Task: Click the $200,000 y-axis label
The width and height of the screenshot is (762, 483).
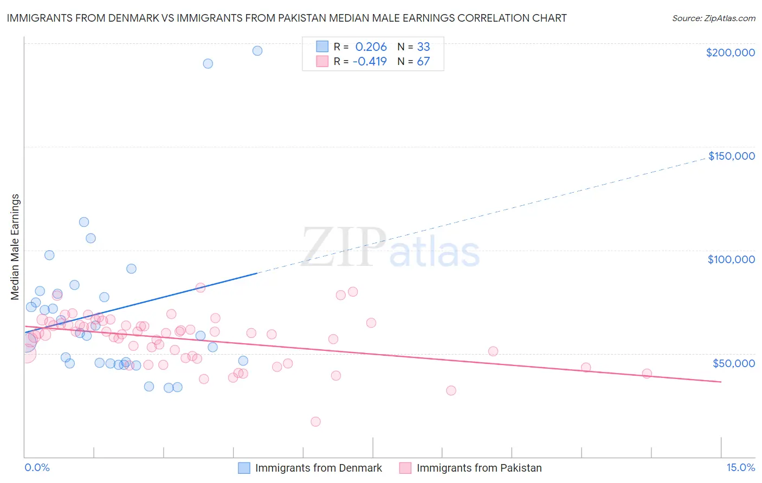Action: tap(730, 53)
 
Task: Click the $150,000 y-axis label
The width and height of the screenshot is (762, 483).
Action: tap(731, 156)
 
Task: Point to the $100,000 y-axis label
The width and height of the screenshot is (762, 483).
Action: tap(731, 259)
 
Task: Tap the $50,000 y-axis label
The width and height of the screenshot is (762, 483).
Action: tap(733, 363)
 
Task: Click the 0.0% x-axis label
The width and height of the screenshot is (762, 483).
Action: tap(37, 468)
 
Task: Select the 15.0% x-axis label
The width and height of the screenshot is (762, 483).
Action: tap(740, 468)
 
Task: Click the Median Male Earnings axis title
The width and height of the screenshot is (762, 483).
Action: tap(15, 247)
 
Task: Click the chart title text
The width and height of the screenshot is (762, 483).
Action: tap(287, 18)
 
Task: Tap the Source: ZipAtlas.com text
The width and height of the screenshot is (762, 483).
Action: tap(713, 18)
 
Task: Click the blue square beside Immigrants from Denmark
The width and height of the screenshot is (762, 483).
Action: tap(244, 468)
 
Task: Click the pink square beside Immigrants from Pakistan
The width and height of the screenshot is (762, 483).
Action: tap(405, 468)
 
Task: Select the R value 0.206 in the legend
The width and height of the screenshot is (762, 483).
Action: tap(371, 47)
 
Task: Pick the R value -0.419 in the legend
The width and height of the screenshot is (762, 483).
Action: tap(370, 61)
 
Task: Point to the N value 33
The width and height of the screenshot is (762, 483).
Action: tap(423, 47)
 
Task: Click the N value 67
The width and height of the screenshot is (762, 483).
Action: tap(423, 61)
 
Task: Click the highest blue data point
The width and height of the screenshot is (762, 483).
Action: tap(257, 51)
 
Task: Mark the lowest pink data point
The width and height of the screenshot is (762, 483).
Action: tap(315, 422)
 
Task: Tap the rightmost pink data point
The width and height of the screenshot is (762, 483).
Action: tap(647, 374)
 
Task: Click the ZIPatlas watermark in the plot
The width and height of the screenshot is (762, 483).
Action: tap(390, 248)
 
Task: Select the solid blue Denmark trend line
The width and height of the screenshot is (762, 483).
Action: tap(141, 303)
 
